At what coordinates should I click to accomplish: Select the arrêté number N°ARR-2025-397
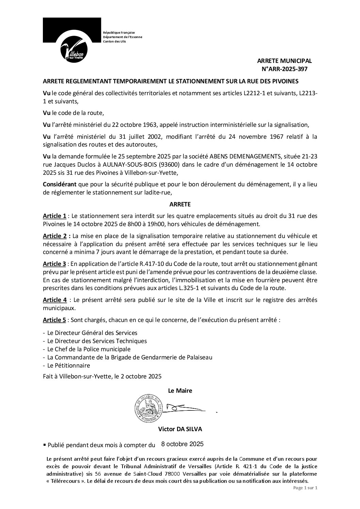click(x=284, y=69)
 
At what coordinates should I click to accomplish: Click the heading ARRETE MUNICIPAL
click(x=284, y=61)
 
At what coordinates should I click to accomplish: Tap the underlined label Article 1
click(x=54, y=216)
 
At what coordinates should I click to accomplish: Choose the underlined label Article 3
click(x=54, y=264)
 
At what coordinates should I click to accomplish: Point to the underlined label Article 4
click(x=54, y=300)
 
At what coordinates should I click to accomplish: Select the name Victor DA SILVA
click(x=180, y=429)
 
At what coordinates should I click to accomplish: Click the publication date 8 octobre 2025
click(x=182, y=444)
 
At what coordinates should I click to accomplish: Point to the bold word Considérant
click(x=60, y=185)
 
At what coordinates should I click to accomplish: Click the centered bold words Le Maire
click(x=180, y=391)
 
